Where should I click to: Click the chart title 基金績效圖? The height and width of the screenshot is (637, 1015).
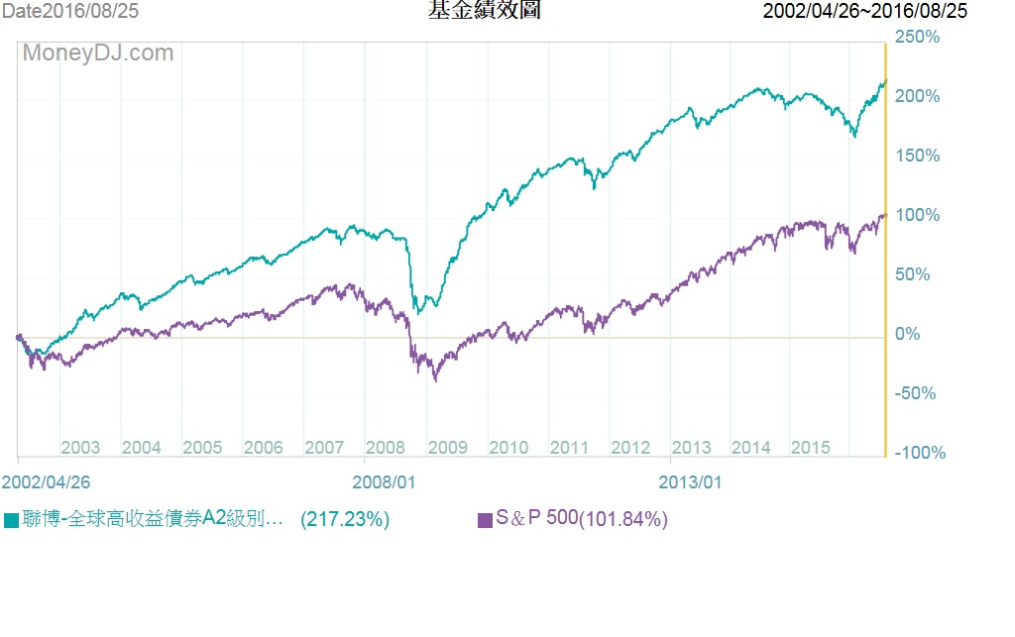coord(485,11)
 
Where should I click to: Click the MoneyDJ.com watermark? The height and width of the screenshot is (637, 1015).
coord(98,53)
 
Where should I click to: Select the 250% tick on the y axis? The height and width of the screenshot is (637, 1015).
coord(917,37)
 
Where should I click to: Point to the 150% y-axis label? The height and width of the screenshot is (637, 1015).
coord(917,156)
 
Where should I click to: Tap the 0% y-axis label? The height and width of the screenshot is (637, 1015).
coord(908,334)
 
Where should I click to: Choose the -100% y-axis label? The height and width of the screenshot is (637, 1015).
coord(920,453)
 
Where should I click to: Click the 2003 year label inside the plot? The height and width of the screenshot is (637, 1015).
coord(80,447)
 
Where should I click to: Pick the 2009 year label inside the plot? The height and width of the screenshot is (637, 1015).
coord(447,447)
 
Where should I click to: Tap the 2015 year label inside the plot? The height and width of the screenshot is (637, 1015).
coord(811,447)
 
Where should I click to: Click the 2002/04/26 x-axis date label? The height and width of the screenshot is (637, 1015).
coord(46,481)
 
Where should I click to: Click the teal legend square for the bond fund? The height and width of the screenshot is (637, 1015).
coord(11,520)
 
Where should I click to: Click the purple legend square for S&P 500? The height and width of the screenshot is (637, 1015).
coord(485,520)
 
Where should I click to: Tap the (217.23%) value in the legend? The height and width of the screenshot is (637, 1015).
coord(345,519)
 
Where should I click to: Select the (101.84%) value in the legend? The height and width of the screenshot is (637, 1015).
coord(623,519)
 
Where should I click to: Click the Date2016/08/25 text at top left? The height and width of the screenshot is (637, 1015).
coord(69,11)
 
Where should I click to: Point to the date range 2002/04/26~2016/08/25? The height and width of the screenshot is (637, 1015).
coord(865,11)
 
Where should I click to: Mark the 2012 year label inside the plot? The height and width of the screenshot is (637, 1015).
coord(630,447)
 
